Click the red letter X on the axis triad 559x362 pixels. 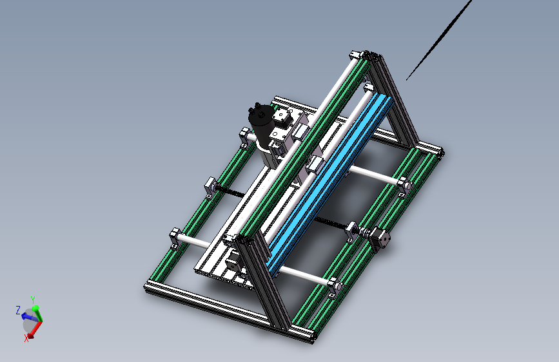coord(26,338)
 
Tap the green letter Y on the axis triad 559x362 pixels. coord(32,300)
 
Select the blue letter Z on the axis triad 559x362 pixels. coord(18,310)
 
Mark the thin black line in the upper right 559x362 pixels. coord(439,40)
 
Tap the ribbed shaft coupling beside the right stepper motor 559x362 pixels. coord(365,233)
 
